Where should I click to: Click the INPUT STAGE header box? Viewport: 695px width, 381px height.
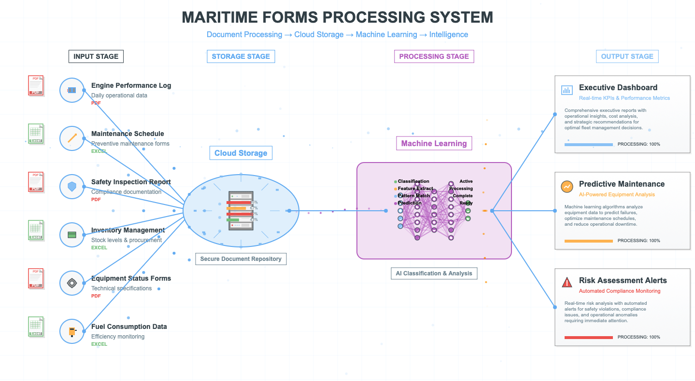pyautogui.click(x=96, y=56)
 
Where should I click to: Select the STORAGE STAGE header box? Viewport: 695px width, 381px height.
pyautogui.click(x=241, y=56)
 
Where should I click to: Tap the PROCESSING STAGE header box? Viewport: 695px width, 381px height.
pyautogui.click(x=434, y=56)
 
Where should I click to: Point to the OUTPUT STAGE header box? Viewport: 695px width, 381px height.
pyautogui.click(x=627, y=56)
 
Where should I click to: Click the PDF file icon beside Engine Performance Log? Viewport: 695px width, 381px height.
pyautogui.click(x=36, y=85)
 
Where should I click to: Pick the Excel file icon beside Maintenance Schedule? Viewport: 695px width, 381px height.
pyautogui.click(x=36, y=134)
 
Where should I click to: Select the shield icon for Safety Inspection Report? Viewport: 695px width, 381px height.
pyautogui.click(x=72, y=187)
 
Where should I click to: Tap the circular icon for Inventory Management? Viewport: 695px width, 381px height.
pyautogui.click(x=72, y=235)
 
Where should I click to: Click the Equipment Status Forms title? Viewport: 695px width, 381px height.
pyautogui.click(x=131, y=278)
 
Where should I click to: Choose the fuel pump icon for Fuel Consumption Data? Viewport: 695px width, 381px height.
pyautogui.click(x=72, y=331)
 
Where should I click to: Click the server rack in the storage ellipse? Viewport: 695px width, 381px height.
pyautogui.click(x=241, y=211)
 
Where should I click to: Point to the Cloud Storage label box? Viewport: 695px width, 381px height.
pyautogui.click(x=241, y=153)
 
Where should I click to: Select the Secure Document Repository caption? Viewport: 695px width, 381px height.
pyautogui.click(x=241, y=259)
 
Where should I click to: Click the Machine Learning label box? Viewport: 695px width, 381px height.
pyautogui.click(x=434, y=143)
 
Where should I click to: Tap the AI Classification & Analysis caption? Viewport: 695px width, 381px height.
pyautogui.click(x=434, y=273)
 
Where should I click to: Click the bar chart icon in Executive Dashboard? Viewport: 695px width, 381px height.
pyautogui.click(x=567, y=90)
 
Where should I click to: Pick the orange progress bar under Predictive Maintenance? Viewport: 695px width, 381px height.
pyautogui.click(x=588, y=241)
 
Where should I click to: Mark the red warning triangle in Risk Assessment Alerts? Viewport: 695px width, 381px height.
pyautogui.click(x=567, y=283)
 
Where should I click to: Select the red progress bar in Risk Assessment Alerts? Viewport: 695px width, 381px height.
pyautogui.click(x=588, y=337)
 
